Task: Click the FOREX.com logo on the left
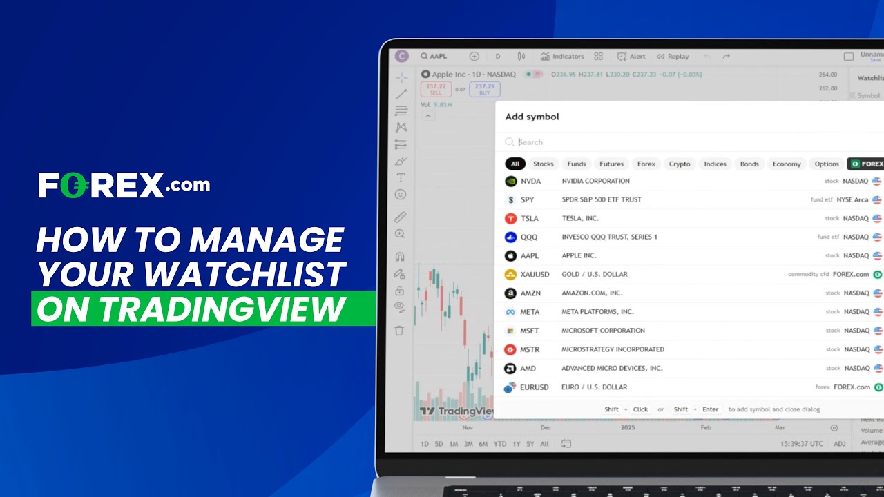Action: point(124,185)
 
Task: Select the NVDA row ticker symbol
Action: point(530,181)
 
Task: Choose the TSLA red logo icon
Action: point(510,218)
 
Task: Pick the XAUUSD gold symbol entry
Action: point(535,274)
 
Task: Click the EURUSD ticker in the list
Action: point(534,387)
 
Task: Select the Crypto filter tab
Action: point(680,164)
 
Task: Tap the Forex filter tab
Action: point(646,164)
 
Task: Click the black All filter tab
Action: point(515,164)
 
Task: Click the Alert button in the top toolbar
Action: point(631,57)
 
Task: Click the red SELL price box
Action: point(436,89)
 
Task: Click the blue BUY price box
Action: point(485,89)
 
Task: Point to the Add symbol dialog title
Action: point(532,117)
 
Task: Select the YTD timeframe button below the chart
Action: point(500,444)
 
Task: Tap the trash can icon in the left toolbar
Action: point(399,331)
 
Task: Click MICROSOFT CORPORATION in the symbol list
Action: point(603,331)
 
